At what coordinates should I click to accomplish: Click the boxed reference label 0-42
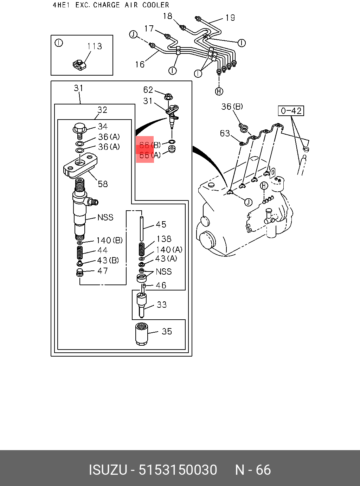click(291, 111)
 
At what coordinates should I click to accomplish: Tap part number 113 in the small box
click(95, 46)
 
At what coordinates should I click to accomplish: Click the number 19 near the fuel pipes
click(230, 18)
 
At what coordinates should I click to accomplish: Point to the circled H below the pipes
click(219, 91)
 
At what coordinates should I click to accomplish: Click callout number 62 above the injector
click(148, 90)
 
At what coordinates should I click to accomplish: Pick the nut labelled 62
click(168, 95)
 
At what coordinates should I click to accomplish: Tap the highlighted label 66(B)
click(149, 145)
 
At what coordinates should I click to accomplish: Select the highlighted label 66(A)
click(149, 155)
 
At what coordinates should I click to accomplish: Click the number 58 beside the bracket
click(103, 184)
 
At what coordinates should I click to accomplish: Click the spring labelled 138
click(142, 249)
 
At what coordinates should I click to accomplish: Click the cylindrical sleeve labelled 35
click(141, 334)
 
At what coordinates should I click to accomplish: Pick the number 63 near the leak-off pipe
click(225, 133)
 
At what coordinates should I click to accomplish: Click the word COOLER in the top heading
click(156, 5)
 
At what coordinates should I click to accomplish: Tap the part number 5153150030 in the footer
click(178, 470)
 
